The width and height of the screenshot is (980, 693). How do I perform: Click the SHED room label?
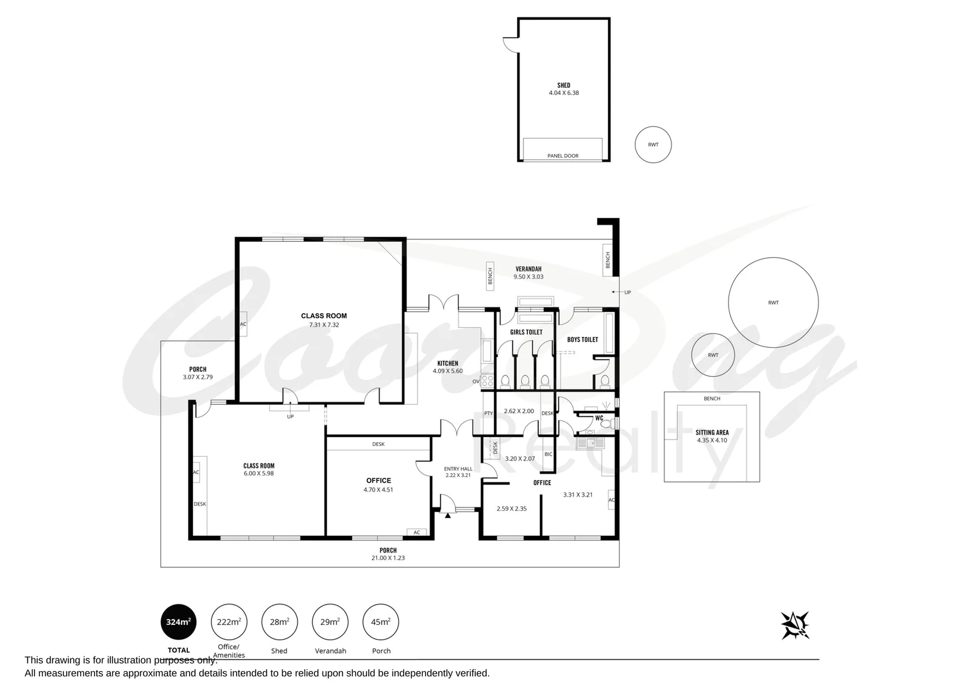click(563, 85)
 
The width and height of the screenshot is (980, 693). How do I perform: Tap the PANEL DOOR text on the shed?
click(562, 156)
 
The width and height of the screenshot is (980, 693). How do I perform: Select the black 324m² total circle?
click(178, 622)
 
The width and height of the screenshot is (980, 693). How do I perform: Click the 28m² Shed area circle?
click(279, 622)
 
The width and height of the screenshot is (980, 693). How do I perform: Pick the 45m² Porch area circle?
click(380, 622)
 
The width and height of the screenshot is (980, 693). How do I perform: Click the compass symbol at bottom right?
click(795, 625)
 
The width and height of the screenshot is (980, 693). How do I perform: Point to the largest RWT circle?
click(773, 302)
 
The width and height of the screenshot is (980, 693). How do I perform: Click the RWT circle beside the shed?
click(653, 144)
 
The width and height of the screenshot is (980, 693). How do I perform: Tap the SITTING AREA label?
click(711, 432)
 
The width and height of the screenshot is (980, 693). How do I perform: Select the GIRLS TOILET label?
click(526, 332)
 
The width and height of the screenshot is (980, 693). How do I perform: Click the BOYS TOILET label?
click(582, 339)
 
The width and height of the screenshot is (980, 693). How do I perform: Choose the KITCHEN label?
click(448, 363)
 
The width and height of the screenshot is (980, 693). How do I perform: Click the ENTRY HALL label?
click(458, 468)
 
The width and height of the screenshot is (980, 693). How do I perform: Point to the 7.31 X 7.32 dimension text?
click(324, 325)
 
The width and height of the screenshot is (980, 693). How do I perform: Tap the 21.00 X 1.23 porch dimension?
click(388, 558)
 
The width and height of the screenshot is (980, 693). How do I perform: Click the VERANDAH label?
click(528, 268)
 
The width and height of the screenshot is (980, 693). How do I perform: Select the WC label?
click(599, 418)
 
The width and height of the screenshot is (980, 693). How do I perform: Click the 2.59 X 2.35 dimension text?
click(511, 509)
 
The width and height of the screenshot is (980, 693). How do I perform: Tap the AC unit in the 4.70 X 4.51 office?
click(416, 532)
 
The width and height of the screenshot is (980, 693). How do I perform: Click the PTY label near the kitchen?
click(488, 413)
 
